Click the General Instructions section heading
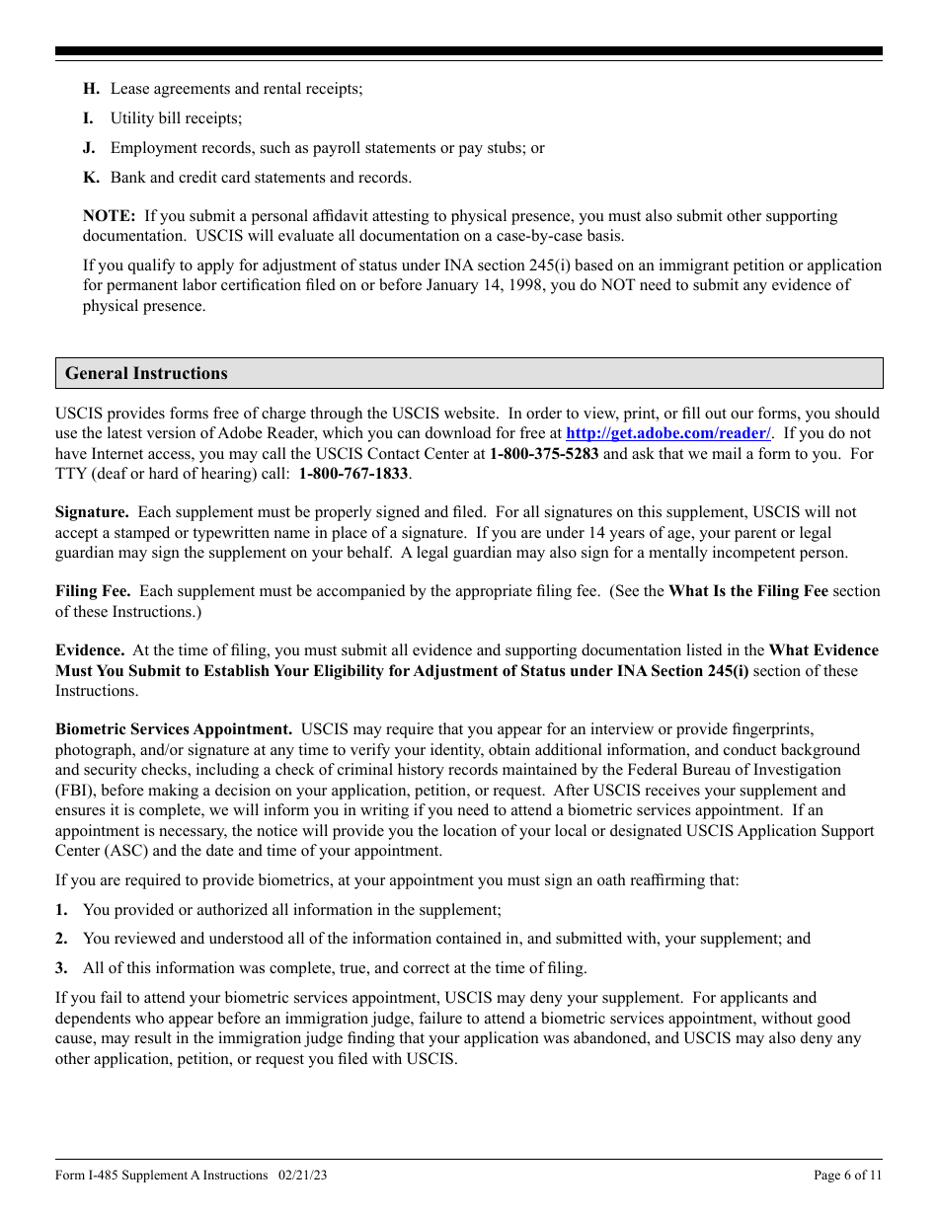pos(146,373)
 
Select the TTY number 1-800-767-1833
pos(353,474)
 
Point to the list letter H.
pos(90,89)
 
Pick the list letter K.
pos(90,178)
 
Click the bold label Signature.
pos(92,512)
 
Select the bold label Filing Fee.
pos(93,591)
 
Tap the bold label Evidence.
pos(90,650)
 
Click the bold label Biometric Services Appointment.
pos(174,729)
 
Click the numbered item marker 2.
pos(61,939)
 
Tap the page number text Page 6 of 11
pos(847,1176)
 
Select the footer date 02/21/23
pos(303,1176)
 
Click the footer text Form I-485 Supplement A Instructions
pos(162,1176)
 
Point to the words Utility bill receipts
pos(176,118)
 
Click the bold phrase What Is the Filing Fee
pos(748,591)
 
